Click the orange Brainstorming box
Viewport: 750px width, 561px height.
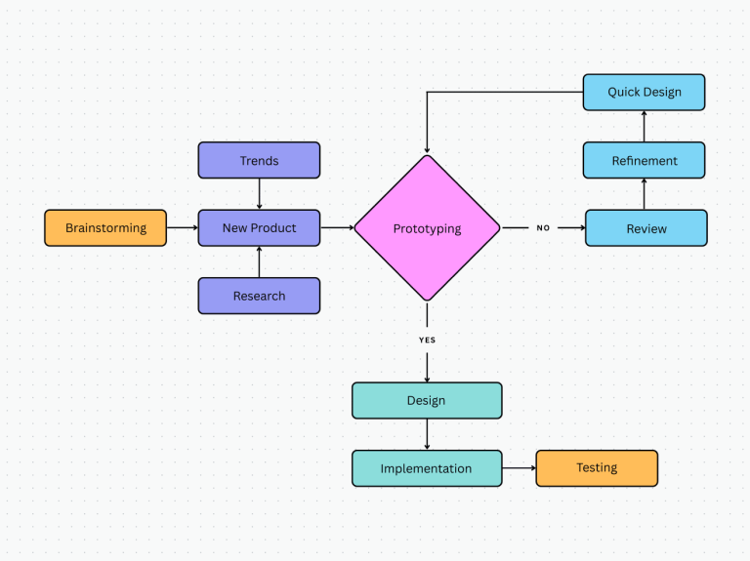[105, 228]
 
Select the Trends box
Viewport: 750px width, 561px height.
[259, 160]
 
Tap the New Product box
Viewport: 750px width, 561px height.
[259, 228]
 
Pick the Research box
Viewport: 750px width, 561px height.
[259, 296]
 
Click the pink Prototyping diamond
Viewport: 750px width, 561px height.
[427, 228]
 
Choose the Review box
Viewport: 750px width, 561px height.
[646, 228]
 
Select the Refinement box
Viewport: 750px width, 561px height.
[644, 160]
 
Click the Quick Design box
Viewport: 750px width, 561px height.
[644, 92]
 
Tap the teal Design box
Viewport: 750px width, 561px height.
[427, 400]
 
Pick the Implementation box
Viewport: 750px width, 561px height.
[427, 468]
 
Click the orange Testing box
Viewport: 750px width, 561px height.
[597, 468]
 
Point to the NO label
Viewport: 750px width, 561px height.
[543, 228]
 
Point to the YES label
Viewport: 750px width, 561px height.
[427, 340]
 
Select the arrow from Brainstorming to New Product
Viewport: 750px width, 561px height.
[182, 228]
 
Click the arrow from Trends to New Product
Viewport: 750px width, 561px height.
[259, 194]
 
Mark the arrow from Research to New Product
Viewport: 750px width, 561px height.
[259, 262]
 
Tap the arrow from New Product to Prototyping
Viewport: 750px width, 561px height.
[337, 228]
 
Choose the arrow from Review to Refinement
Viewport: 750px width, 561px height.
[644, 194]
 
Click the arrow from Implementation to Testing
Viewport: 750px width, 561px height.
[520, 468]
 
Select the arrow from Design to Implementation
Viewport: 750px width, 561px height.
[427, 434]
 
